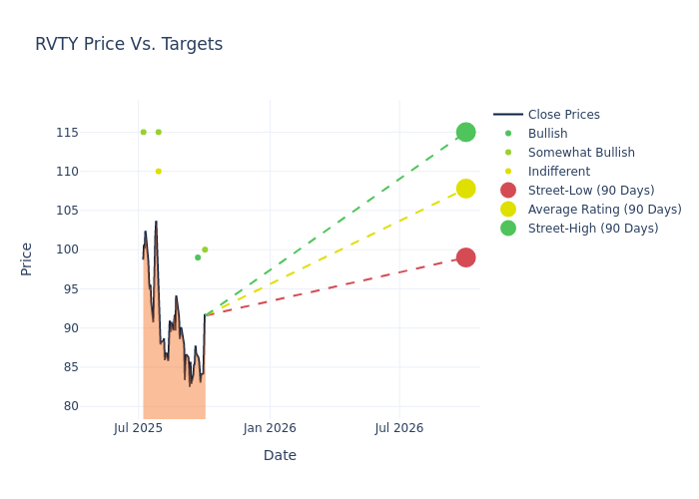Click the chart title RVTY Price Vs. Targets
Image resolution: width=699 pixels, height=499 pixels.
pos(129,45)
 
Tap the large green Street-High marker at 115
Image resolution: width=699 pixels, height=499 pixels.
pos(465,133)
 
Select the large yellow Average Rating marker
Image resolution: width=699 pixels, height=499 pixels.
pos(465,189)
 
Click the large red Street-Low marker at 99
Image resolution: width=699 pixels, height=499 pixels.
pos(465,257)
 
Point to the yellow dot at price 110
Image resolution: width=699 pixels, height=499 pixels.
pos(158,172)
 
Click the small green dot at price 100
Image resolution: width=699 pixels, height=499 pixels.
pos(205,249)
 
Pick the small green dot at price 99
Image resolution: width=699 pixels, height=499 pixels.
pos(198,257)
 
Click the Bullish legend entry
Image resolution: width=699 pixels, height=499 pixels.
pos(547,134)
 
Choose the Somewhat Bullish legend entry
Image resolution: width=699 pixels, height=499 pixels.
pos(581,153)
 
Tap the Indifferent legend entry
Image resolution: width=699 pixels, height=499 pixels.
pos(558,172)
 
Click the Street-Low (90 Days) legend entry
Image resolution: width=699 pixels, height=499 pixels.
pos(590,191)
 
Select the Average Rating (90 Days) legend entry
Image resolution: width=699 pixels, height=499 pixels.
pos(604,210)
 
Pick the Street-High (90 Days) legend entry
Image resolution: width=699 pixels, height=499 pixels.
pos(592,229)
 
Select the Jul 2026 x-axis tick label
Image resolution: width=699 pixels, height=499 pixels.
pos(399,428)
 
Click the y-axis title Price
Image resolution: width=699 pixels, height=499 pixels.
pos(27,258)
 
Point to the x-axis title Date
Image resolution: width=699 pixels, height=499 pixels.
pos(280,455)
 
